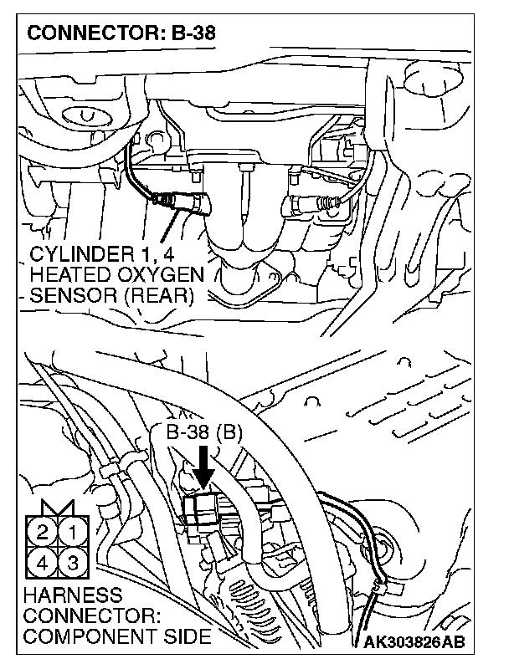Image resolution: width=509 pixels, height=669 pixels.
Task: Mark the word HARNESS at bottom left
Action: pyautogui.click(x=61, y=597)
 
